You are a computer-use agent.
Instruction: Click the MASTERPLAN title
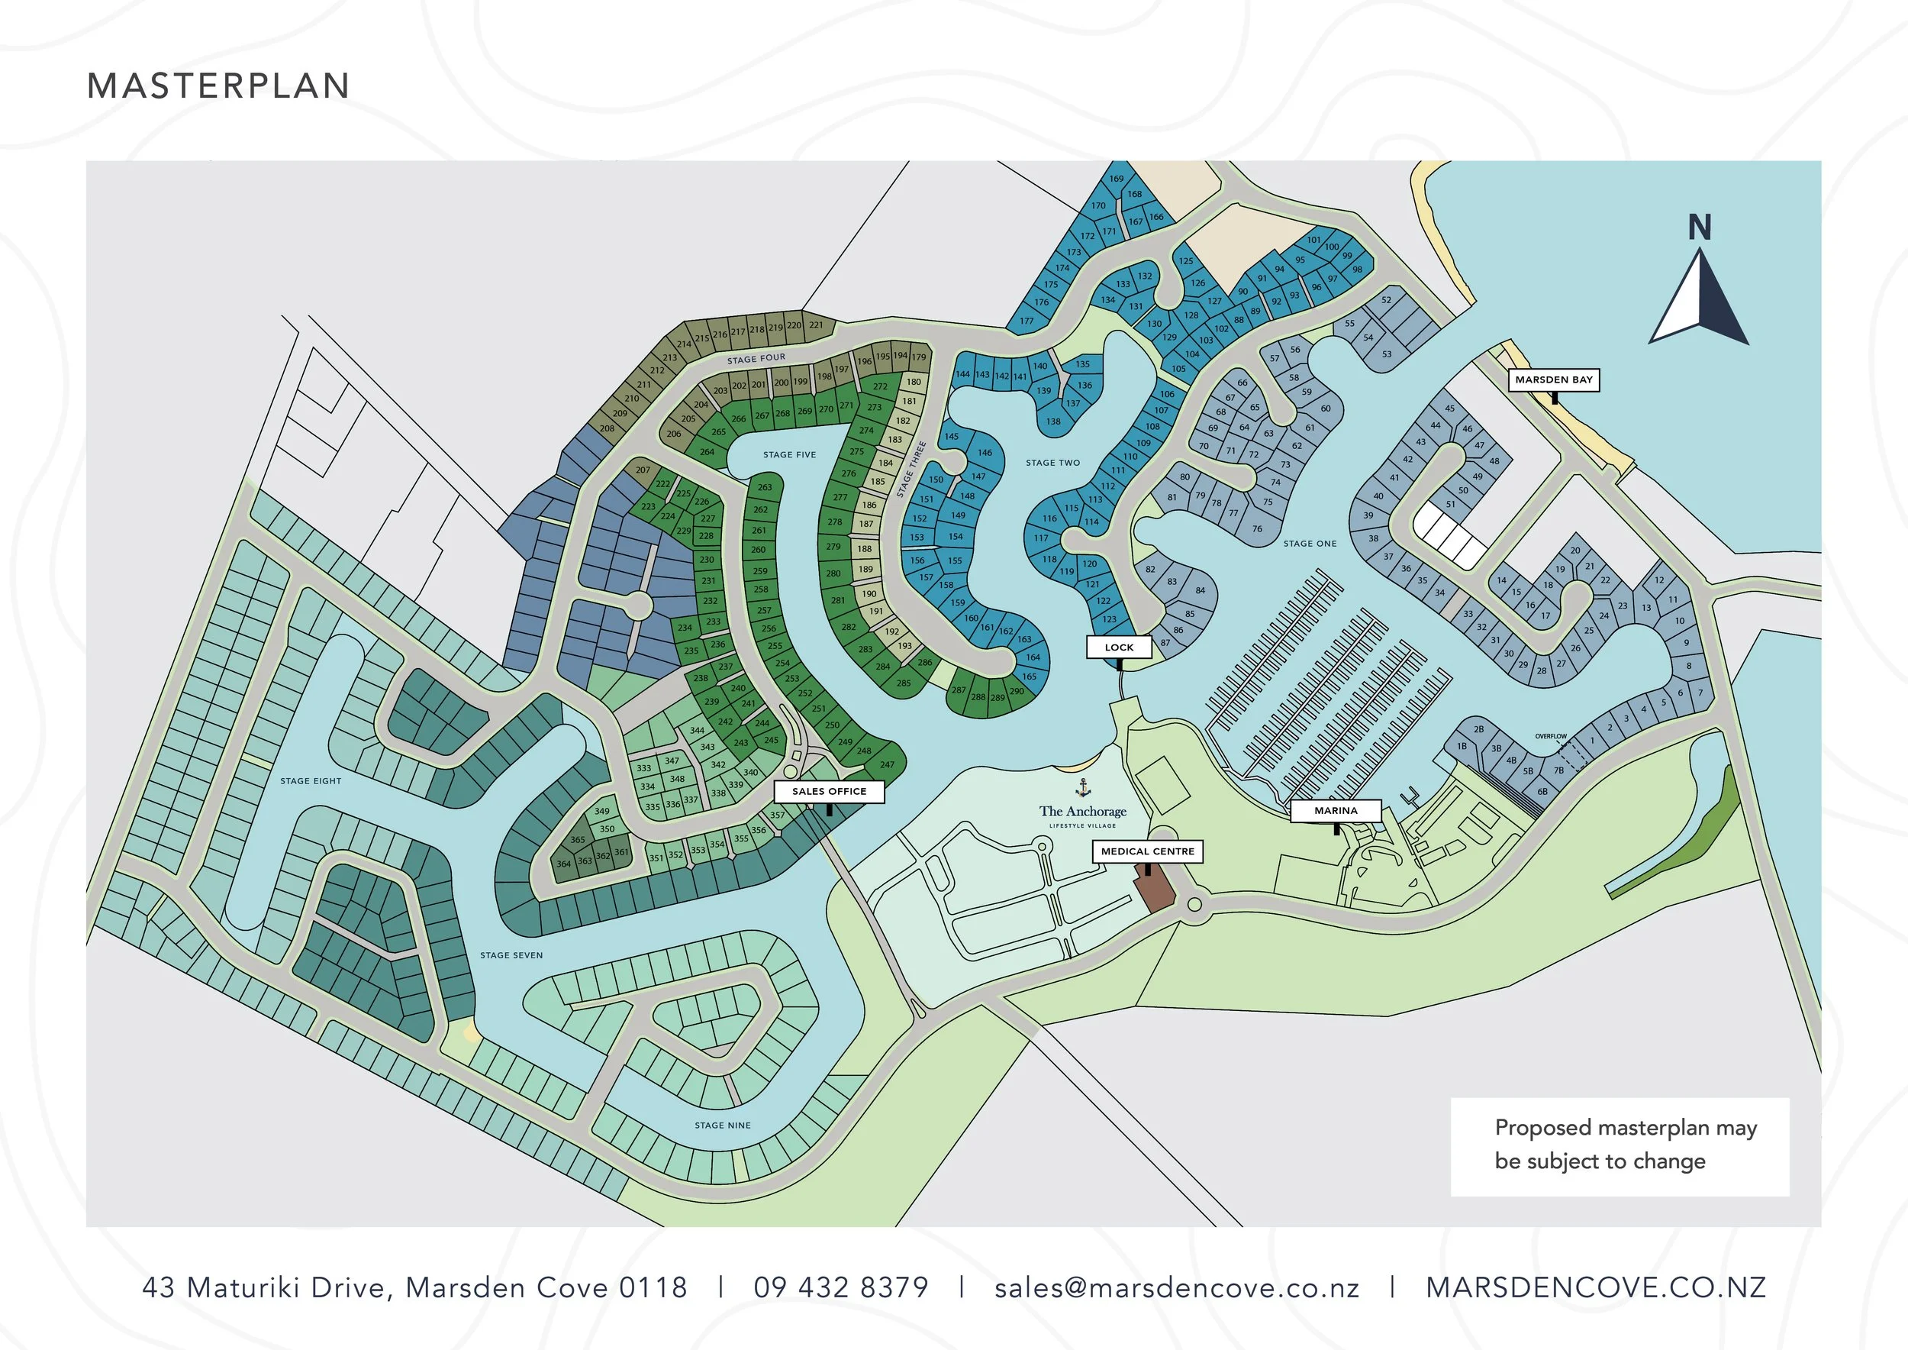[218, 86]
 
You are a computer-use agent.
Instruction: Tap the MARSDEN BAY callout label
[1553, 380]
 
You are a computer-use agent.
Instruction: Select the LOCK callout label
[1119, 647]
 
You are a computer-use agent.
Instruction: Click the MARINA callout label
[1336, 810]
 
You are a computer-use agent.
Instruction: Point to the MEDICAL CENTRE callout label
[1147, 851]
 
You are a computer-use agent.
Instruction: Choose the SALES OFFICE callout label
[829, 791]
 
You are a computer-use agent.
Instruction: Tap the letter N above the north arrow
[1700, 227]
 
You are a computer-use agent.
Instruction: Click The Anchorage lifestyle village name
[1082, 812]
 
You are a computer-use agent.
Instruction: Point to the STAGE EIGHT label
[311, 781]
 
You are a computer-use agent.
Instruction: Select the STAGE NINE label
[722, 1126]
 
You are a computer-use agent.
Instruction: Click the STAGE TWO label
[1053, 463]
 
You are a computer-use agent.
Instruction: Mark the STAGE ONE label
[1310, 544]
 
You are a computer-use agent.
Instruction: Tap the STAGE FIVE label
[789, 455]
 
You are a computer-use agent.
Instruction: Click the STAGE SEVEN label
[511, 955]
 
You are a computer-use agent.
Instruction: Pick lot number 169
[1116, 179]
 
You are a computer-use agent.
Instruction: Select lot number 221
[815, 325]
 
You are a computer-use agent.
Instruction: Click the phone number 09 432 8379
[840, 1287]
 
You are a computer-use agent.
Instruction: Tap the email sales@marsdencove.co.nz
[1177, 1287]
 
